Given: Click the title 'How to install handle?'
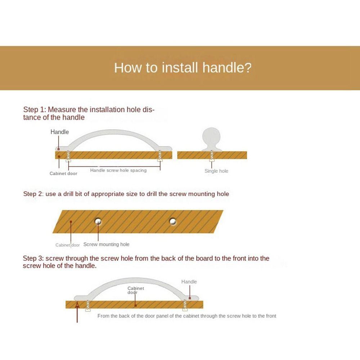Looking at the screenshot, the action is tap(183, 68).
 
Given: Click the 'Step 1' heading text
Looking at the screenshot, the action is tap(89, 113).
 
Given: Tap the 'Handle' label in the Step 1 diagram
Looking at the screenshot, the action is tap(59, 132).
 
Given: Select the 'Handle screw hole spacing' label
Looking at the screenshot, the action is tap(118, 170).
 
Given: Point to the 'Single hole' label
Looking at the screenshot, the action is tap(216, 171).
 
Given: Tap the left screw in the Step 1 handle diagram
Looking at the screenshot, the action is tap(68, 156).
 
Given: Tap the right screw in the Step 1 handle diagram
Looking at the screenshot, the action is tap(160, 156).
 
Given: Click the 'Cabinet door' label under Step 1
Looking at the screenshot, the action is tap(63, 174).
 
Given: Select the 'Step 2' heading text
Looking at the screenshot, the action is tap(126, 194).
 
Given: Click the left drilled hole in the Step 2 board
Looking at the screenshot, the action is tap(98, 221).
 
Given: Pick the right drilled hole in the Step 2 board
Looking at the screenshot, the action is tap(173, 221).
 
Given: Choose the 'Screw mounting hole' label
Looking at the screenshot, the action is tap(106, 244).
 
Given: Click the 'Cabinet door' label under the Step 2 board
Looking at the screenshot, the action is tap(68, 245).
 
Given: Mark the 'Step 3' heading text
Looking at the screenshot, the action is tap(146, 262).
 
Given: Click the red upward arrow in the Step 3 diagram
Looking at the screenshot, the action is tap(77, 312).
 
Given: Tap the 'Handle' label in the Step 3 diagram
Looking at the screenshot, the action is tap(189, 282).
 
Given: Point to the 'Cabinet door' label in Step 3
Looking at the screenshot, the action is tap(136, 290).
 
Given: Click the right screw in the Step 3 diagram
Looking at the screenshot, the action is tap(185, 305).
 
